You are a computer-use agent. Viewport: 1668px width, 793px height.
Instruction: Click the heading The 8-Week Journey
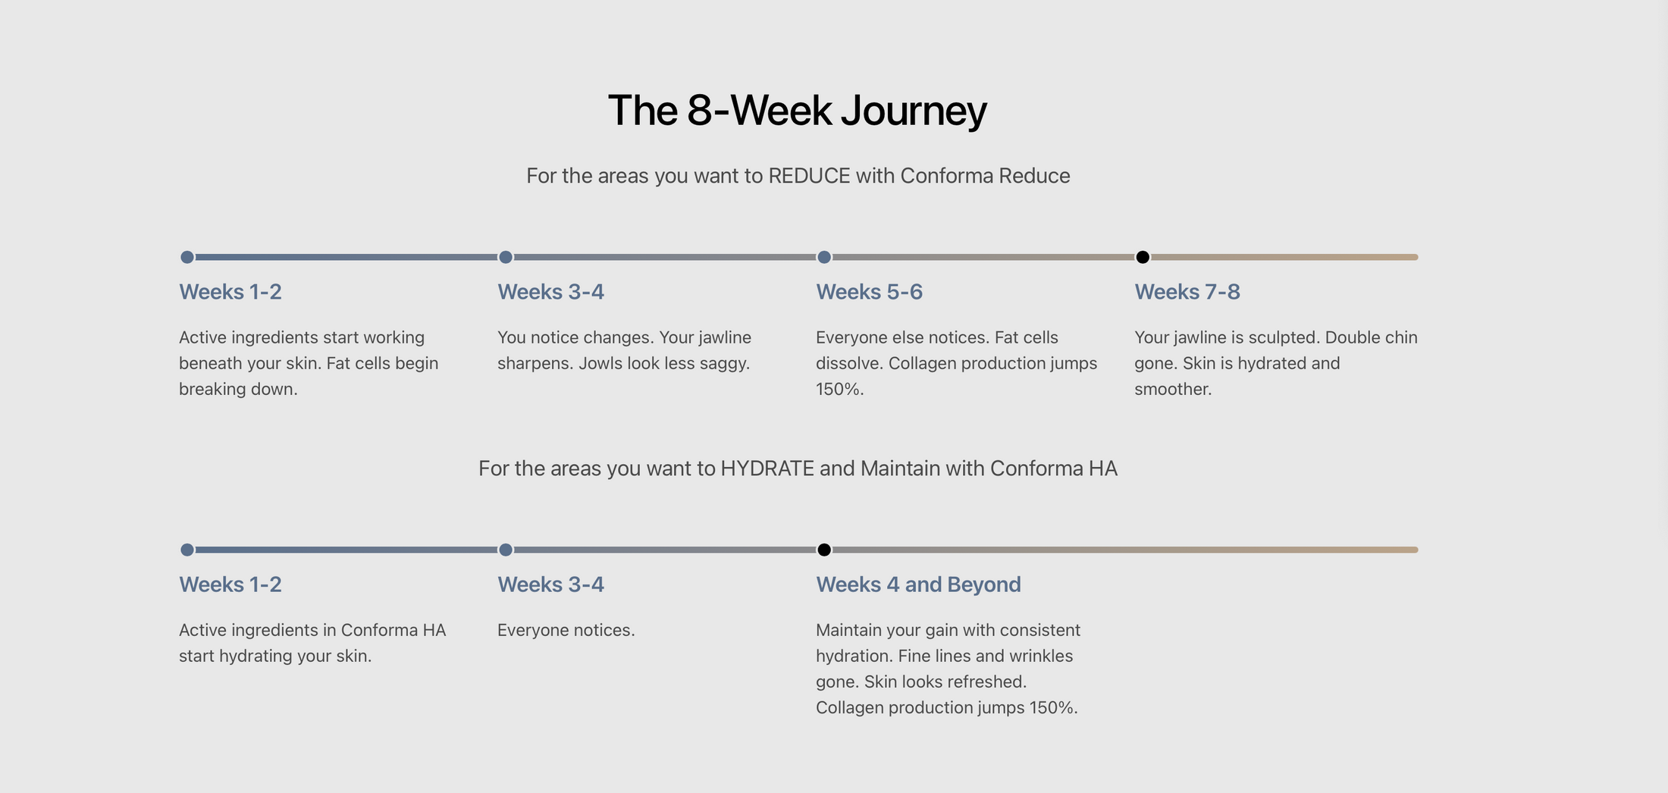[x=798, y=111]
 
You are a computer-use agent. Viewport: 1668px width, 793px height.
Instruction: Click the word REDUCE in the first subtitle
[x=809, y=176]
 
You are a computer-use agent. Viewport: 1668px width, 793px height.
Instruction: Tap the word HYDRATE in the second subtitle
[x=767, y=469]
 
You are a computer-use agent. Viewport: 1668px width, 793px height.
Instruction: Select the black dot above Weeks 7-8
[x=1143, y=257]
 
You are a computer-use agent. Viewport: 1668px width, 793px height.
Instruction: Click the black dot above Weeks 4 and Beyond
[x=824, y=550]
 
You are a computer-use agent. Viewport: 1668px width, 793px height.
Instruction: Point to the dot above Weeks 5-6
[x=824, y=257]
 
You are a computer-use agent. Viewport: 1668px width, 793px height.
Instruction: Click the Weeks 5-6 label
[x=869, y=292]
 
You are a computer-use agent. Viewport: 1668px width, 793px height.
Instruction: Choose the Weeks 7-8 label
[x=1187, y=292]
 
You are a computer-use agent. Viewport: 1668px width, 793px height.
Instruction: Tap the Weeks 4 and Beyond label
[x=918, y=585]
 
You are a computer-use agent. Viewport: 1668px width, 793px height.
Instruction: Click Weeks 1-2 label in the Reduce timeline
[x=230, y=292]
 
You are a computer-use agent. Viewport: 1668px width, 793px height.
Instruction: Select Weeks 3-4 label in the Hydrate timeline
[x=550, y=585]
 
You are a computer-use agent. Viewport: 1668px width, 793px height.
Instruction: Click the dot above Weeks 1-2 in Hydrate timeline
[x=187, y=550]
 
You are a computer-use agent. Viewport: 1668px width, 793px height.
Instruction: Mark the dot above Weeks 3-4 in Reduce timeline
[x=506, y=257]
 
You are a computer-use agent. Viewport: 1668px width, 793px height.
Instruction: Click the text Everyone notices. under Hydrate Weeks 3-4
[x=566, y=630]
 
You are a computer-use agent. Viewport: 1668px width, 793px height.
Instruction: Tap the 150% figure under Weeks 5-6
[x=839, y=389]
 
